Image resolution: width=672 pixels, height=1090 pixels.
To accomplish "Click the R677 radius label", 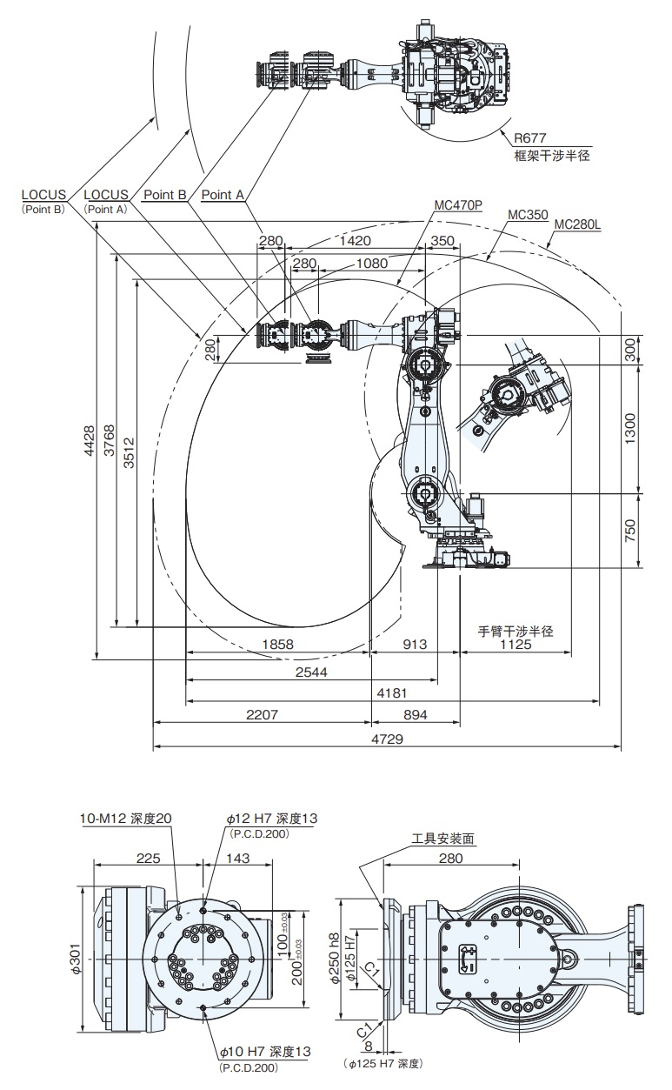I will click(x=529, y=137).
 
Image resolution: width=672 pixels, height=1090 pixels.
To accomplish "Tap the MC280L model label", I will click(x=577, y=224).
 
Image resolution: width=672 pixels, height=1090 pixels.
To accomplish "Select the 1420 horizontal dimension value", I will click(x=356, y=241).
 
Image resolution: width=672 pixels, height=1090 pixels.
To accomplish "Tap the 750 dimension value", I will click(x=631, y=531).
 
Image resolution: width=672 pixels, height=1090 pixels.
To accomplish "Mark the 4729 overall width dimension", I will click(x=386, y=739).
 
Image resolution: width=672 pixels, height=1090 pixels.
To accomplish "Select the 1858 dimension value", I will click(x=277, y=645).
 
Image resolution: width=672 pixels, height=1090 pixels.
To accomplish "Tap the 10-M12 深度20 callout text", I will click(x=126, y=819).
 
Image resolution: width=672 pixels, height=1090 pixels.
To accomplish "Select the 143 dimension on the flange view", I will click(x=237, y=858).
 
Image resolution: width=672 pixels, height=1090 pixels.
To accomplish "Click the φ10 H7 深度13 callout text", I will click(x=269, y=1052).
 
